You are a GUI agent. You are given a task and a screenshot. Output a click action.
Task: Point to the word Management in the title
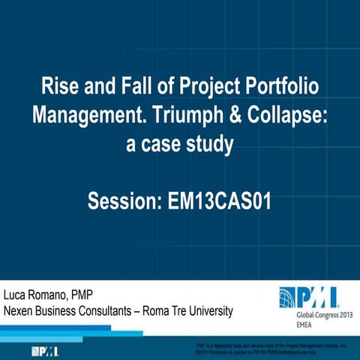[88, 115]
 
